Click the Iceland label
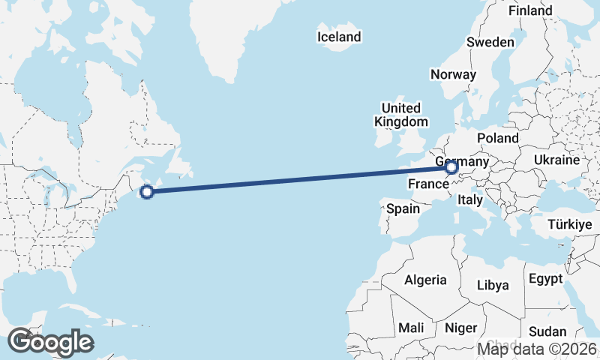pyautogui.click(x=339, y=37)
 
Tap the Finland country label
pyautogui.click(x=530, y=10)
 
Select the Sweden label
pyautogui.click(x=490, y=42)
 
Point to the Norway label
pyautogui.click(x=453, y=74)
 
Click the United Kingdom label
pyautogui.click(x=403, y=115)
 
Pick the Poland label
pyautogui.click(x=497, y=138)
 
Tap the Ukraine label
pyautogui.click(x=556, y=160)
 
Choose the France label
pyautogui.click(x=428, y=184)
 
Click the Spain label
pyautogui.click(x=403, y=209)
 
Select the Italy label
pyautogui.click(x=470, y=200)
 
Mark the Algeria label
pyautogui.click(x=426, y=280)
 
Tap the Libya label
pyautogui.click(x=493, y=285)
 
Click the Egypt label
pyautogui.click(x=545, y=279)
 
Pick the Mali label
pyautogui.click(x=411, y=328)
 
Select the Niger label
pyautogui.click(x=461, y=328)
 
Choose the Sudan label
pyautogui.click(x=547, y=331)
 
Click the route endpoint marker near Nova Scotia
pyautogui.click(x=148, y=192)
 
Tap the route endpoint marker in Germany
pyautogui.click(x=451, y=168)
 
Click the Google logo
pyautogui.click(x=49, y=342)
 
